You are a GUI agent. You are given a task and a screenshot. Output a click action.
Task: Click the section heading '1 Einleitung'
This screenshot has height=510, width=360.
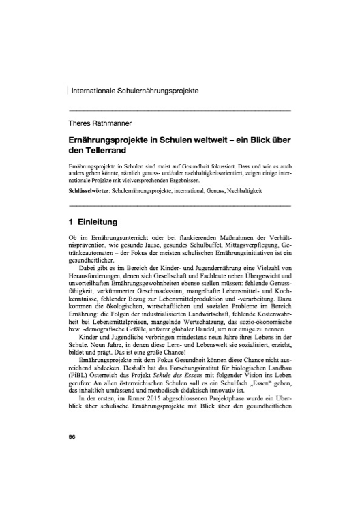coord(95,222)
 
